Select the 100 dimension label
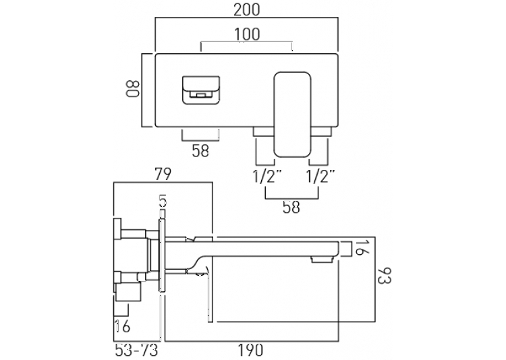tap(246, 34)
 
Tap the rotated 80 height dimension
tap(133, 89)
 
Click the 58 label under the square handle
tap(200, 150)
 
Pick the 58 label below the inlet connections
tap(291, 207)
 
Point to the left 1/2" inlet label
tap(267, 177)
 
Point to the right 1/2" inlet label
tap(320, 177)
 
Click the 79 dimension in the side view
tap(163, 175)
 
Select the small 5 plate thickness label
tap(163, 202)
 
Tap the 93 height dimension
tap(384, 276)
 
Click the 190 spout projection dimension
tap(250, 351)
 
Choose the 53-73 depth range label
tap(136, 351)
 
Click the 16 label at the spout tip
tap(360, 247)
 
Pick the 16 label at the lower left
tap(122, 326)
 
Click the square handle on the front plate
tap(201, 90)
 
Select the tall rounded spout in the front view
tap(292, 115)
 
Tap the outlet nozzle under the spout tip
tap(320, 259)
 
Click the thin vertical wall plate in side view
tap(162, 256)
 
